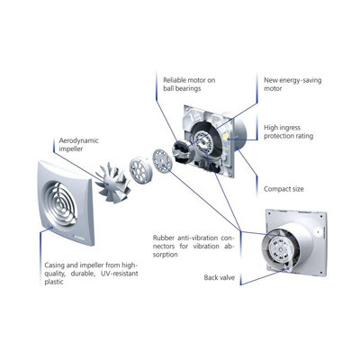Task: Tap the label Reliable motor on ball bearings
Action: click(x=190, y=85)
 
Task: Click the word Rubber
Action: click(x=166, y=238)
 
